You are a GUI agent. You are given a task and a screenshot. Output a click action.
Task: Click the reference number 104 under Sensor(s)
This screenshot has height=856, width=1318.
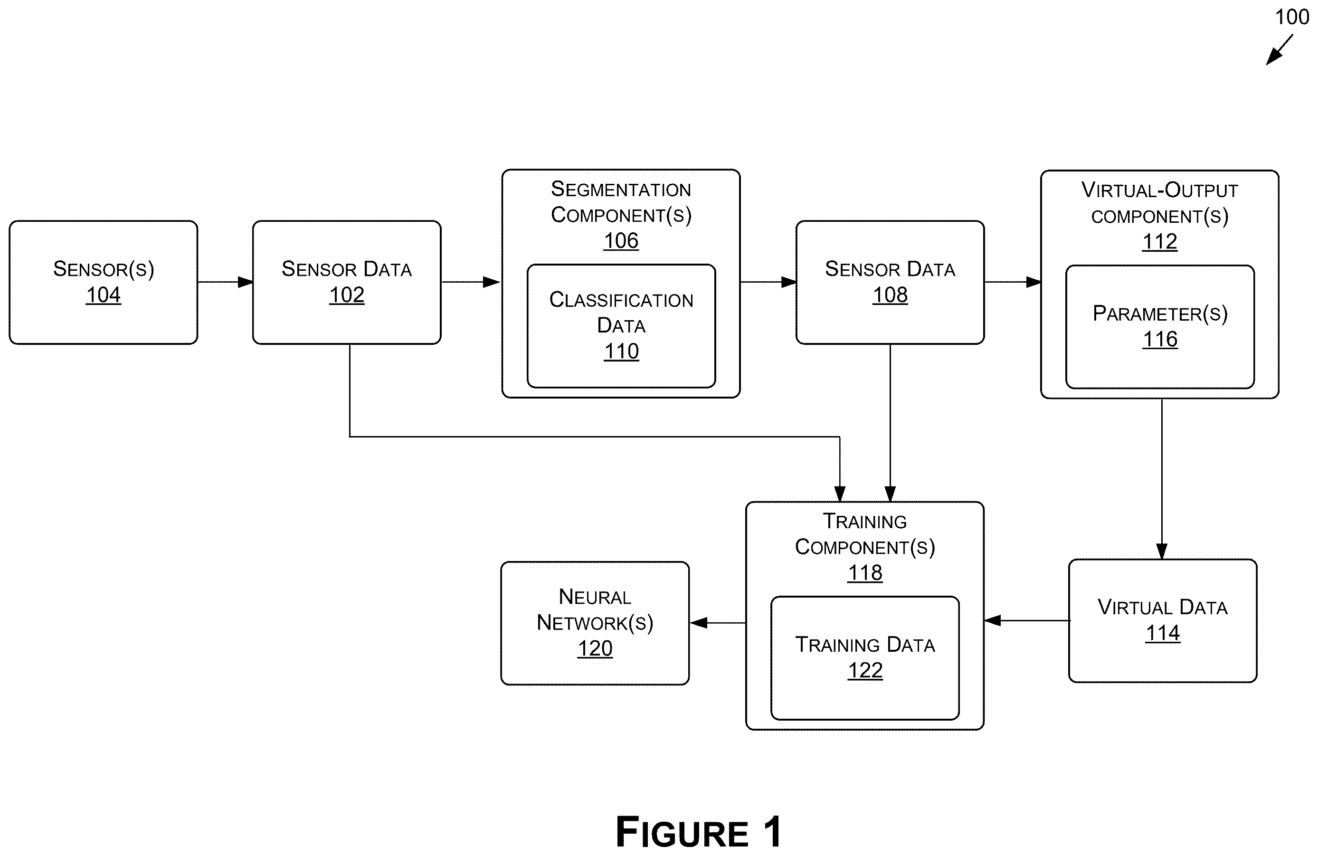(x=103, y=295)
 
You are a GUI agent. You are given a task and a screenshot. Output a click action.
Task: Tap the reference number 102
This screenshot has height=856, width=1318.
(x=347, y=295)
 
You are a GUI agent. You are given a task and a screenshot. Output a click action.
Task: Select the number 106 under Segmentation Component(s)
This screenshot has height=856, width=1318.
(x=621, y=240)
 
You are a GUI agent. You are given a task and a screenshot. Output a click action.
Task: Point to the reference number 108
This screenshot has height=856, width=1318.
(x=890, y=295)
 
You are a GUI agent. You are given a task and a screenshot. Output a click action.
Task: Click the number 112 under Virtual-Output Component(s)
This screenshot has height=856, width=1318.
(x=1160, y=242)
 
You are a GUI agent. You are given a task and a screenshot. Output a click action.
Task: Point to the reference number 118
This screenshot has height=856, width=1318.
(x=864, y=572)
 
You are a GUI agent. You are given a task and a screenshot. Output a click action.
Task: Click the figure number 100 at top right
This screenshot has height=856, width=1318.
(x=1291, y=17)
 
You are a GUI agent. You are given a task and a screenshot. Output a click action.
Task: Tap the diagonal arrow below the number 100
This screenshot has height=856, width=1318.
(x=1279, y=50)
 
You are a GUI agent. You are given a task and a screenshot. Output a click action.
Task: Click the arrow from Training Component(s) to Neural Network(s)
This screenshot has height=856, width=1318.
(x=718, y=623)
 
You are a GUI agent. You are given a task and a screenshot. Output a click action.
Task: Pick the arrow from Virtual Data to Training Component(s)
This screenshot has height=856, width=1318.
(x=1027, y=620)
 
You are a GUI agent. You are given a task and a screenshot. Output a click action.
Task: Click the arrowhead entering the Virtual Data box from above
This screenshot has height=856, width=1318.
(x=1162, y=552)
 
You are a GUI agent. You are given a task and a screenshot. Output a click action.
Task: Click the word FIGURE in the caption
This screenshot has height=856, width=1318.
(x=682, y=832)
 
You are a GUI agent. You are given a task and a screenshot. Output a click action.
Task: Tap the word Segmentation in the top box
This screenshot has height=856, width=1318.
(x=621, y=190)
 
